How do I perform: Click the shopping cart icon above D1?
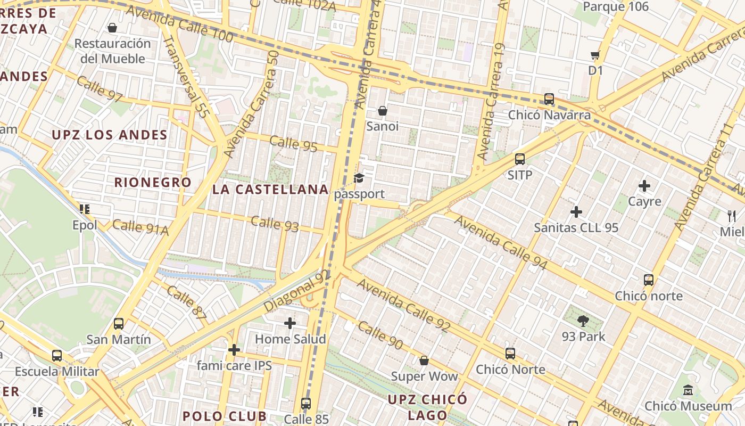pyautogui.click(x=595, y=55)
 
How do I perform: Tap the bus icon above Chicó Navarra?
pyautogui.click(x=549, y=99)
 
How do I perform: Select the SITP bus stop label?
pyautogui.click(x=520, y=175)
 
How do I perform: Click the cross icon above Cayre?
pyautogui.click(x=644, y=186)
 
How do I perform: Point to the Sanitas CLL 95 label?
pyautogui.click(x=576, y=228)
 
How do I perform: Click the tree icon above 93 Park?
pyautogui.click(x=583, y=321)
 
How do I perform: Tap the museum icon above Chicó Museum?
pyautogui.click(x=688, y=390)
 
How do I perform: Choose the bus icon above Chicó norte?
pyautogui.click(x=648, y=280)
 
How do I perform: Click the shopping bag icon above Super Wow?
pyautogui.click(x=424, y=361)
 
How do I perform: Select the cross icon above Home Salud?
pyautogui.click(x=290, y=323)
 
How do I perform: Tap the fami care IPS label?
pyautogui.click(x=234, y=365)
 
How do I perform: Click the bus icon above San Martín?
pyautogui.click(x=119, y=324)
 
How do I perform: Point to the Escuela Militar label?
pyautogui.click(x=57, y=371)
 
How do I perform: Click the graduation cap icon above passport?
pyautogui.click(x=359, y=178)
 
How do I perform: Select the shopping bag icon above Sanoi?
pyautogui.click(x=382, y=111)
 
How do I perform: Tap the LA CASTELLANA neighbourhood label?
pyautogui.click(x=270, y=190)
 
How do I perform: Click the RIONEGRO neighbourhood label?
pyautogui.click(x=153, y=182)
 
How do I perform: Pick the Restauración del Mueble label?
pyautogui.click(x=112, y=51)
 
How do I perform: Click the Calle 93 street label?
pyautogui.click(x=275, y=224)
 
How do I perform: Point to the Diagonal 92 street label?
pyautogui.click(x=297, y=291)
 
